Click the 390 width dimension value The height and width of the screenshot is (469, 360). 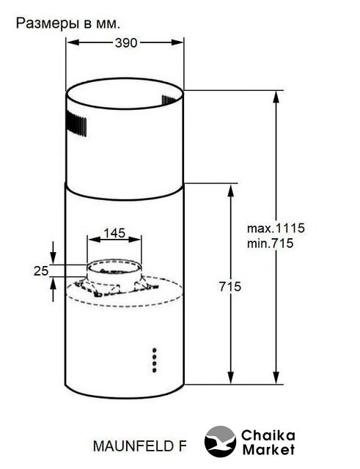coord(126,43)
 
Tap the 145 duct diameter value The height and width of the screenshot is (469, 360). coord(114,233)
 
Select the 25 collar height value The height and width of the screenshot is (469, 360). coord(41,271)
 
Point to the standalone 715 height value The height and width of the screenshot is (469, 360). coord(229,287)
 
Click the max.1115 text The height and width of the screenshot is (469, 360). coord(276,228)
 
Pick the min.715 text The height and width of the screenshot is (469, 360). coord(271,243)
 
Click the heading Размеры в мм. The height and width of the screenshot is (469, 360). coord(68,23)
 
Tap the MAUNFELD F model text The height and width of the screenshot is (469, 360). coord(140,446)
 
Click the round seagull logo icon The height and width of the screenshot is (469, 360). coord(220,441)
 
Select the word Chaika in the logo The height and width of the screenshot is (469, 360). coord(268,435)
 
